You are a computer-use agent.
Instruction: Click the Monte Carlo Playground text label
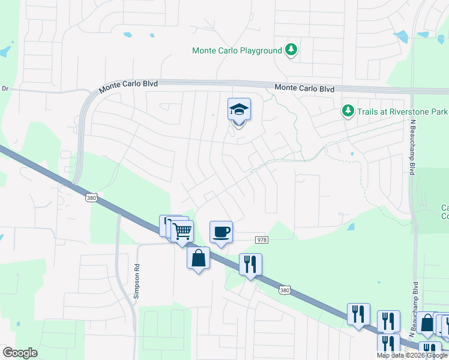pos(237,50)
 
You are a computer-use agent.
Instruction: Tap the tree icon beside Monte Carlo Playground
pos(291,50)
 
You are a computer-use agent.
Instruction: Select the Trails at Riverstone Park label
pos(403,112)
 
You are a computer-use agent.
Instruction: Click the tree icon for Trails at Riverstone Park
pos(348,111)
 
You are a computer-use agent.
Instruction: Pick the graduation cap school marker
pos(239,110)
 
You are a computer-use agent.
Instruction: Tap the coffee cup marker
pos(221,232)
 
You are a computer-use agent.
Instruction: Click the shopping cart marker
pos(182,230)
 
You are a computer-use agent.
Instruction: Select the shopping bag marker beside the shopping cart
pos(198,258)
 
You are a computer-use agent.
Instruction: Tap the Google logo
pos(20,353)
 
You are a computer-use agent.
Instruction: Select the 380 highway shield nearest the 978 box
pos(285,290)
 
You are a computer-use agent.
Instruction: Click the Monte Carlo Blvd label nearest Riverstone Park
pos(304,88)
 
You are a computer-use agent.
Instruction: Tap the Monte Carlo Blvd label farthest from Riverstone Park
pos(128,85)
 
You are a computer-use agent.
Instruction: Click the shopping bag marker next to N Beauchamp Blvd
pos(427,324)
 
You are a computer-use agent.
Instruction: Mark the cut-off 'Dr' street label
pos(5,88)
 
